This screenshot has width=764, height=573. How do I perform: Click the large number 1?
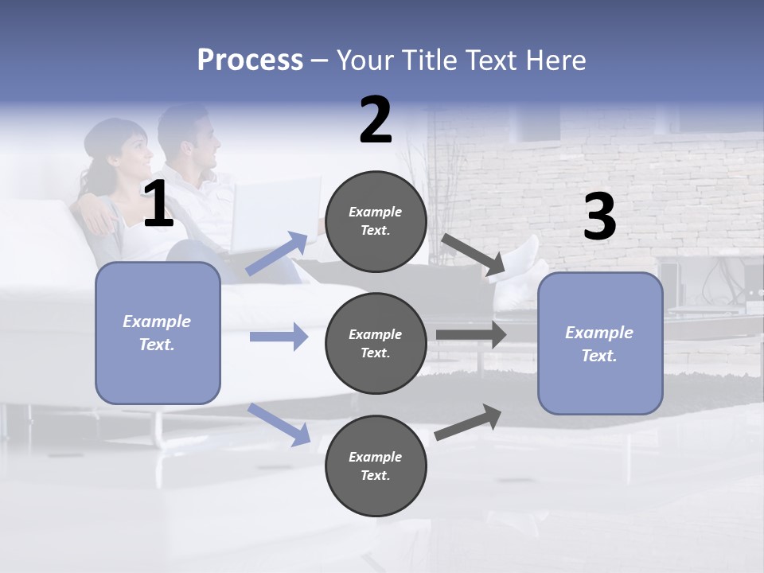click(158, 205)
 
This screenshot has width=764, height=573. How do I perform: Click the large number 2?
click(376, 121)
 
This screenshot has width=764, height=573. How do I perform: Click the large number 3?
click(599, 218)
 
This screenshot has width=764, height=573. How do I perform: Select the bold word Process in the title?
click(250, 60)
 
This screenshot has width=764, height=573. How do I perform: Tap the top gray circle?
click(376, 221)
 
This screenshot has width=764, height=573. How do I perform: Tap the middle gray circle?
click(376, 343)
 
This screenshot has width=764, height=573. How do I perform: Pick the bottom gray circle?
click(376, 466)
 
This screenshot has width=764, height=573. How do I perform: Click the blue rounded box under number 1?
click(158, 333)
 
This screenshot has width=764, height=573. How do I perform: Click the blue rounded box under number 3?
click(600, 344)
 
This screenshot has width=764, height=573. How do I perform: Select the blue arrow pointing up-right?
click(278, 253)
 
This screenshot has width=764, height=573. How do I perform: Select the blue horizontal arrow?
click(279, 337)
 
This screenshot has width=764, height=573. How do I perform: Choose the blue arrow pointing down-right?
click(279, 423)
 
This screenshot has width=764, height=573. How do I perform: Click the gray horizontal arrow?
click(471, 335)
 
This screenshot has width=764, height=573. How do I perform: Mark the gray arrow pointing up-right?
click(469, 422)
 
